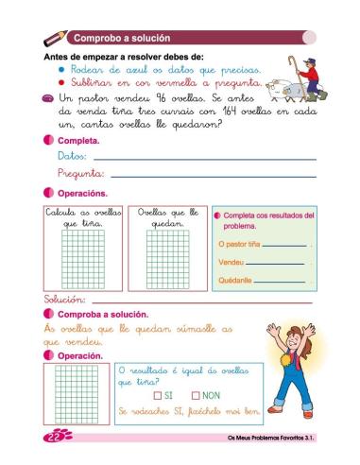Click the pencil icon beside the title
pos(56,38)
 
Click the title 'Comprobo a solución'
pos(123,39)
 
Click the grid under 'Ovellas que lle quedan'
pos(167,260)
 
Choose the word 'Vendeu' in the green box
pos(231,262)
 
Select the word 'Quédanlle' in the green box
pos(235,281)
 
